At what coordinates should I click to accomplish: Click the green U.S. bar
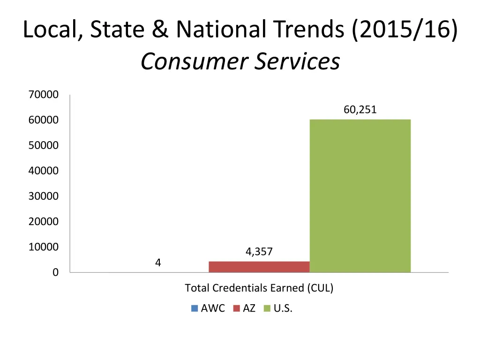point(360,196)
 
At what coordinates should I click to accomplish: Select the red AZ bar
point(259,267)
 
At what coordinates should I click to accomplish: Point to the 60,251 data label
point(360,110)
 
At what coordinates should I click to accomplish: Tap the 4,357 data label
point(259,252)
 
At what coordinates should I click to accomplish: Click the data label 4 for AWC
point(158,263)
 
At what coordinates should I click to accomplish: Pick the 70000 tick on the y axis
point(44,95)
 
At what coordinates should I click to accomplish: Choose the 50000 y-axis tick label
point(44,145)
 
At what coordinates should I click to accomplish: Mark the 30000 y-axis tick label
point(44,196)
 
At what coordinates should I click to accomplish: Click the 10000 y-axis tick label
point(44,247)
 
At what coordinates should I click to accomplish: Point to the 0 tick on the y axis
point(55,272)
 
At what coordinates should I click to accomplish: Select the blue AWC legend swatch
point(195,308)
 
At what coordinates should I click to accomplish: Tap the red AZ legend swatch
point(236,308)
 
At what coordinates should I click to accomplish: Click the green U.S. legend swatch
point(267,308)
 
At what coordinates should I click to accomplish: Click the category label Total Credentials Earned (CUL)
point(259,288)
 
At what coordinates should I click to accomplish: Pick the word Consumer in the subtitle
point(194,61)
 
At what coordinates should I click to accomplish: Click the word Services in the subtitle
point(297,61)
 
